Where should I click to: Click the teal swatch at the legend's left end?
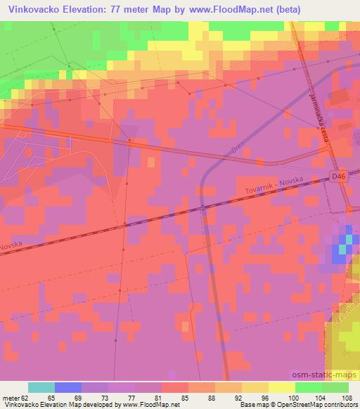tap(41, 387)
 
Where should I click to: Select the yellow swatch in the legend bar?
tap(282, 387)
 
